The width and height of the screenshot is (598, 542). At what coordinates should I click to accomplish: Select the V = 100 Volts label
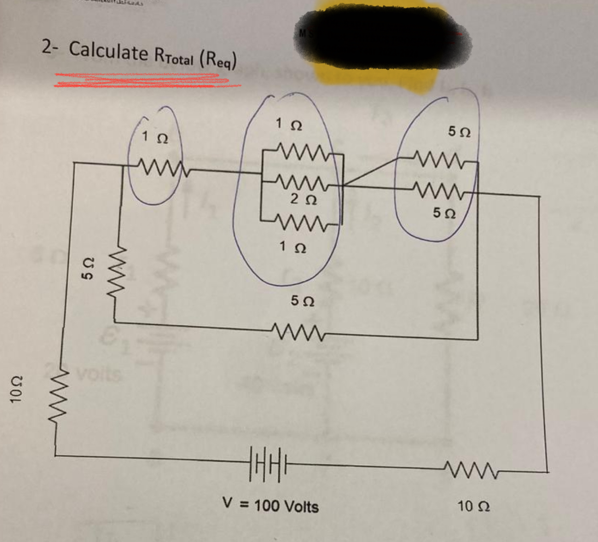click(270, 505)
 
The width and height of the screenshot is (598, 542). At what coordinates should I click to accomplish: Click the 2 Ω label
click(304, 199)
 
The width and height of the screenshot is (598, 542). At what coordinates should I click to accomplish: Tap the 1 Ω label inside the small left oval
click(155, 137)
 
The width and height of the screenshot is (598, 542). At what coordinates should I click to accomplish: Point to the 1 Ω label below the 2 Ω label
click(293, 247)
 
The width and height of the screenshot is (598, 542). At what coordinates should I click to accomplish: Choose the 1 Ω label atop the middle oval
click(289, 124)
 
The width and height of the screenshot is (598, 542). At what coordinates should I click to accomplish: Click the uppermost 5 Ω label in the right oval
click(459, 132)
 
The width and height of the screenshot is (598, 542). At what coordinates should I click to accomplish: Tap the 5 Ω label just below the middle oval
click(302, 300)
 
